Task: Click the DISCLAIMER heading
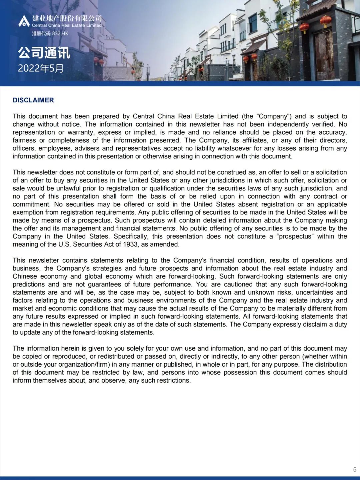33,100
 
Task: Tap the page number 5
355,470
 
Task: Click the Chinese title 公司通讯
44,53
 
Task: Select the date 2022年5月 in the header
41,68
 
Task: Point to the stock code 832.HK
60,33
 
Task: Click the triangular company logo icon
24,21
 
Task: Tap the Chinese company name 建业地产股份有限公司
67,18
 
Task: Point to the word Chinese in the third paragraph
25,277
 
